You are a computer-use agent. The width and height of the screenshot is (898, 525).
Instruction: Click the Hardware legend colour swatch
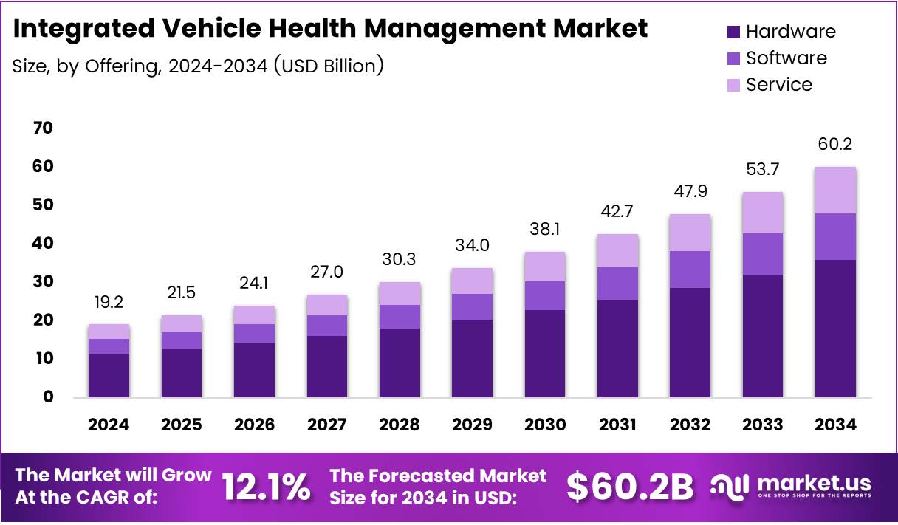tap(733, 32)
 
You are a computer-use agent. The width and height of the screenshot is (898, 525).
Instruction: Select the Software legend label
tap(786, 58)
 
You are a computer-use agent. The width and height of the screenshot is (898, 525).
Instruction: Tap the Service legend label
tap(778, 85)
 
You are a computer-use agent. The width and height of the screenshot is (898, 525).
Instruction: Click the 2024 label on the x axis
tap(109, 425)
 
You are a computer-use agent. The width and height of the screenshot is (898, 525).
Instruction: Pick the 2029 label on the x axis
tap(472, 425)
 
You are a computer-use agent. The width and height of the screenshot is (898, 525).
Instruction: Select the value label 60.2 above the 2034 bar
tap(835, 144)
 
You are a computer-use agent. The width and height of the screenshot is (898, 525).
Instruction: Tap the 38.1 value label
tap(544, 230)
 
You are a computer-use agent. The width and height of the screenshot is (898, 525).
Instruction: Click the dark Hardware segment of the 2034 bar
tap(835, 329)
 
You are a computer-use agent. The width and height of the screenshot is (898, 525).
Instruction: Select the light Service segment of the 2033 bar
tap(763, 213)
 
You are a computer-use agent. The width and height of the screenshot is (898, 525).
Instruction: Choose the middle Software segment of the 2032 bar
tap(690, 270)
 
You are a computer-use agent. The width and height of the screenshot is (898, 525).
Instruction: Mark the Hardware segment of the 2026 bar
tap(254, 370)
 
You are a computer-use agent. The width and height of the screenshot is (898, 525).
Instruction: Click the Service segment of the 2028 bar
tap(400, 293)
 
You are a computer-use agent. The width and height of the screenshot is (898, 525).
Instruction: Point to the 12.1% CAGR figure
tap(266, 487)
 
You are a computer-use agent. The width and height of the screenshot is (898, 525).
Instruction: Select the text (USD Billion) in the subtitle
tap(329, 66)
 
